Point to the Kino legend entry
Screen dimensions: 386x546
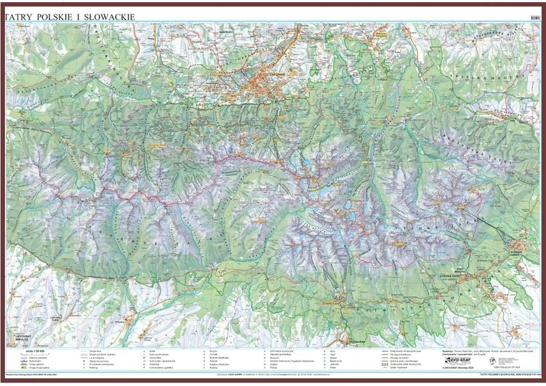coord(334,351)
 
